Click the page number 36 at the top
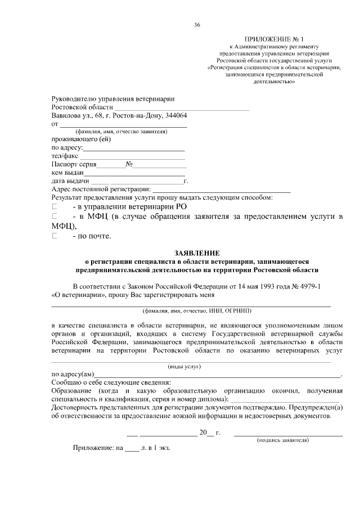[x=197, y=25]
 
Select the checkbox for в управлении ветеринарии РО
[x=55, y=207]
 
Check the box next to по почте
[x=55, y=236]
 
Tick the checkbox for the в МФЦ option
[x=55, y=217]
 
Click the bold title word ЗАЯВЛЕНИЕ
[x=197, y=253]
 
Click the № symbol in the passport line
[x=129, y=165]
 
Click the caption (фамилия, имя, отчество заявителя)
[x=123, y=132]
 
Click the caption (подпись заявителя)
[x=282, y=440]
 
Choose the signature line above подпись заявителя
[x=288, y=434]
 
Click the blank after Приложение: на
[x=131, y=449]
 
